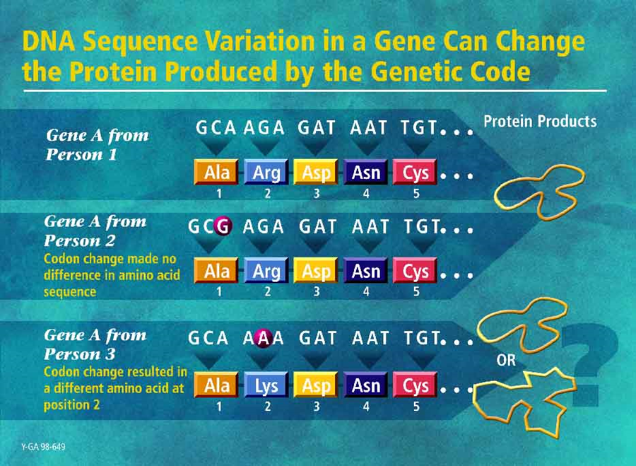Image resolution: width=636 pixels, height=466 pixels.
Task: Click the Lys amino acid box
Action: pyautogui.click(x=266, y=385)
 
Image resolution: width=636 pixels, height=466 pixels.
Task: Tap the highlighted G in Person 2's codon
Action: pyautogui.click(x=223, y=226)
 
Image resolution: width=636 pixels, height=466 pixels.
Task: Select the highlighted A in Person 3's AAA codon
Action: pyautogui.click(x=264, y=338)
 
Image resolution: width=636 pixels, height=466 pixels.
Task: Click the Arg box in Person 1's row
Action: pyautogui.click(x=266, y=172)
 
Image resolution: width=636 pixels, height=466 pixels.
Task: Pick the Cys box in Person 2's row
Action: pyautogui.click(x=416, y=271)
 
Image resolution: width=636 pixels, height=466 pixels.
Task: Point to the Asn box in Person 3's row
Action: pyautogui.click(x=366, y=385)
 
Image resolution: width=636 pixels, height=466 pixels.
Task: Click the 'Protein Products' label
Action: pyautogui.click(x=540, y=122)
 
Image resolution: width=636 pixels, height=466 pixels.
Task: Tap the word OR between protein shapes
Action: pyautogui.click(x=506, y=360)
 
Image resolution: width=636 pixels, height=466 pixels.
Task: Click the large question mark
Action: pyautogui.click(x=588, y=363)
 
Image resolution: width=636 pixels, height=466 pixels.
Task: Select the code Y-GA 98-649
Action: pyautogui.click(x=43, y=447)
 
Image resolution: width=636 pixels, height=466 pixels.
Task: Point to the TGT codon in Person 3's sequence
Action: pyautogui.click(x=422, y=338)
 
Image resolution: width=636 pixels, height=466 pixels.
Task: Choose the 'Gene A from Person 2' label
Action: pyautogui.click(x=95, y=231)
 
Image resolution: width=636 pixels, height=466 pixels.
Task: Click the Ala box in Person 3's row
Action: pyautogui.click(x=217, y=385)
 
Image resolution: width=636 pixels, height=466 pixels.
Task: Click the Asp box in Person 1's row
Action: pyautogui.click(x=316, y=172)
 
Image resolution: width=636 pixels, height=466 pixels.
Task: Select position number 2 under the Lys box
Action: pyautogui.click(x=267, y=407)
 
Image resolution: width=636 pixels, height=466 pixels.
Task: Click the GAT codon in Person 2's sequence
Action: pyautogui.click(x=317, y=226)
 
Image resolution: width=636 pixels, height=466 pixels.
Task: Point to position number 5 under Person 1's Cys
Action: pyautogui.click(x=416, y=194)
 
